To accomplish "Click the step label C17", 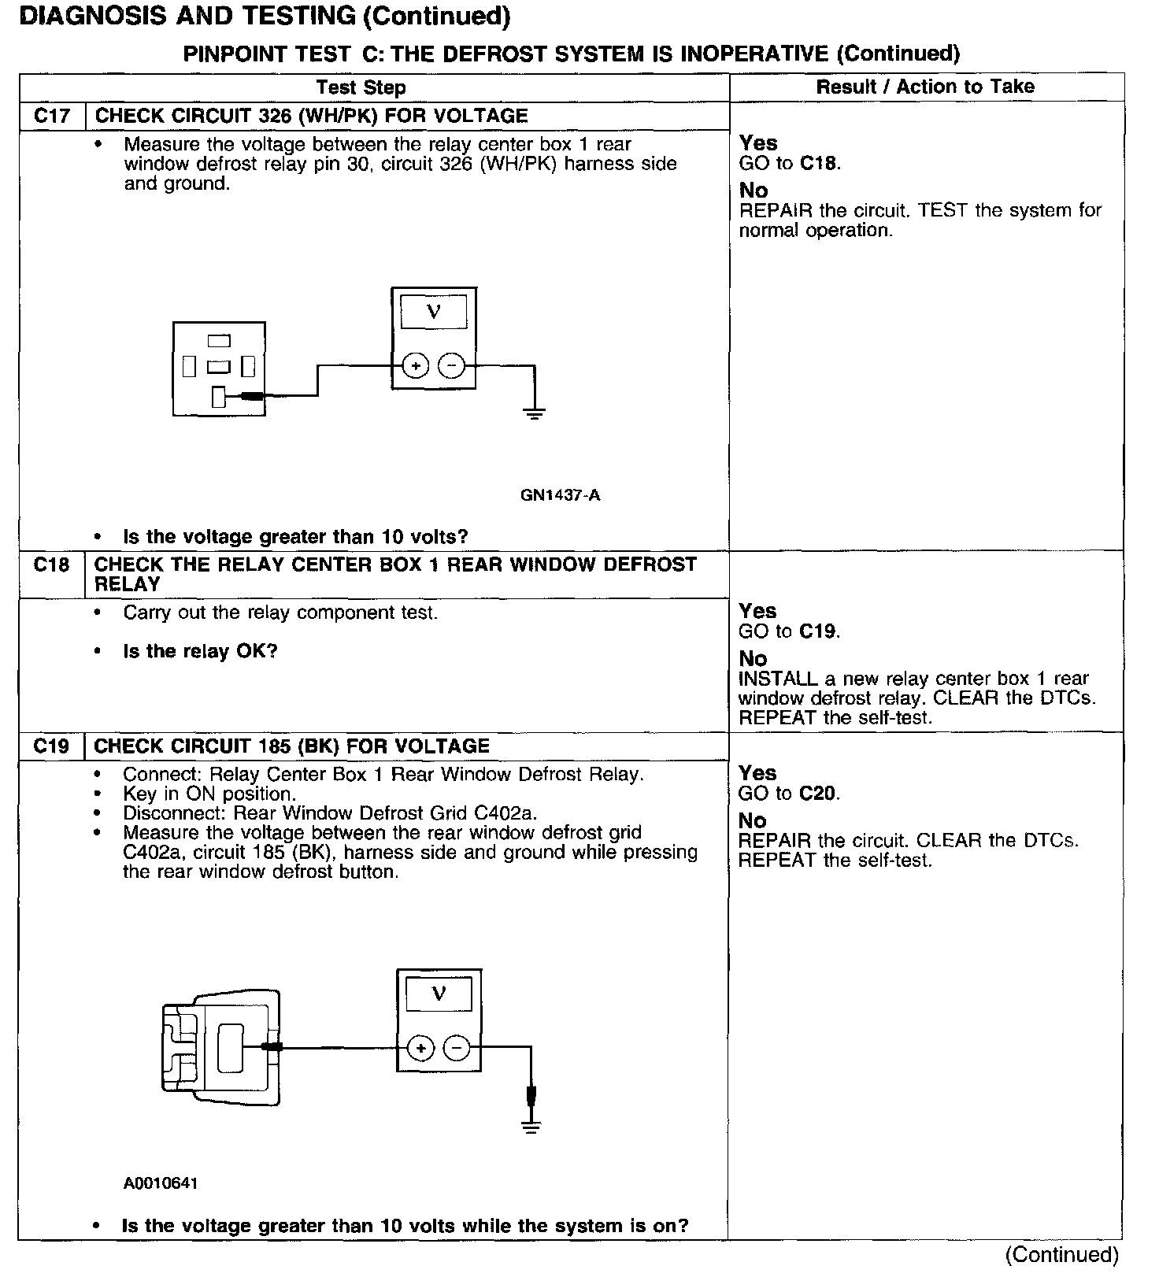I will pyautogui.click(x=52, y=117).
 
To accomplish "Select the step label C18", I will pyautogui.click(x=51, y=565).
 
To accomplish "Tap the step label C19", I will pyautogui.click(x=51, y=746).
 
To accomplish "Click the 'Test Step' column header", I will pyautogui.click(x=361, y=87).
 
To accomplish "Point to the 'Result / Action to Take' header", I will pyautogui.click(x=925, y=87).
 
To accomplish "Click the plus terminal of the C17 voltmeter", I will pyautogui.click(x=415, y=366).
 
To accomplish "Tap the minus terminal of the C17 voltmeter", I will pyautogui.click(x=451, y=366).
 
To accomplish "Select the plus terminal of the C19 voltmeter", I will pyautogui.click(x=421, y=1048).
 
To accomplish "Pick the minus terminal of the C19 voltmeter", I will pyautogui.click(x=457, y=1048).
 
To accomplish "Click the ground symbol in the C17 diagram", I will pyautogui.click(x=535, y=413).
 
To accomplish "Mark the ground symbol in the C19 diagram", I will pyautogui.click(x=531, y=1127).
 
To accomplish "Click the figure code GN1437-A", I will pyautogui.click(x=560, y=495).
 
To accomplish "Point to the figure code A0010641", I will pyautogui.click(x=161, y=1183).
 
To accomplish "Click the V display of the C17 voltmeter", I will pyautogui.click(x=434, y=312).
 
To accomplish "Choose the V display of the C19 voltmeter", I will pyautogui.click(x=439, y=994).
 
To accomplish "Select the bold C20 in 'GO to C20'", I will pyautogui.click(x=818, y=794).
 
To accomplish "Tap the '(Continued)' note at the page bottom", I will pyautogui.click(x=1062, y=1254).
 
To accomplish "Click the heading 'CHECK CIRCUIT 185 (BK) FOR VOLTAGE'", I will pyautogui.click(x=291, y=746).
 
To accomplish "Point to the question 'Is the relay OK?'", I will pyautogui.click(x=200, y=652).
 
